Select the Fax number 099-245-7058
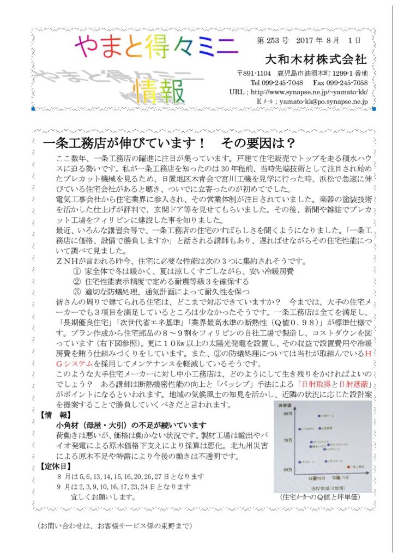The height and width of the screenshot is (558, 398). (x=341, y=82)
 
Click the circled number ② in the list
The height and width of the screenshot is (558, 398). (x=77, y=282)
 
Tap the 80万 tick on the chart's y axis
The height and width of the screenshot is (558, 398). (x=287, y=414)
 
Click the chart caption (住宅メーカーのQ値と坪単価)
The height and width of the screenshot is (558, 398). (x=321, y=497)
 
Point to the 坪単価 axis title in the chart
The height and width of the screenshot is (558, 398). (x=288, y=406)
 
